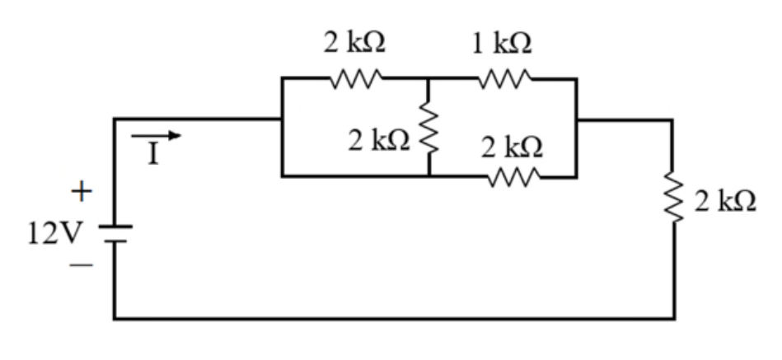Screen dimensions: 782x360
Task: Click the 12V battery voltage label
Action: click(x=54, y=233)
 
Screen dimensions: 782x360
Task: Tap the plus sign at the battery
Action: click(x=82, y=191)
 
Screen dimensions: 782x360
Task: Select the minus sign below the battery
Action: click(x=81, y=265)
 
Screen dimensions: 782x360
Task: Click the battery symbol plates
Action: click(x=115, y=234)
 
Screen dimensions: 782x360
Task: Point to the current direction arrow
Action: click(x=156, y=135)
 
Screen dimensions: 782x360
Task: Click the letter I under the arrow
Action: click(x=153, y=155)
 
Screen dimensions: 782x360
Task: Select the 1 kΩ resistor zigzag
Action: click(x=504, y=79)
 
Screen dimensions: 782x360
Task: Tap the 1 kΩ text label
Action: click(x=502, y=44)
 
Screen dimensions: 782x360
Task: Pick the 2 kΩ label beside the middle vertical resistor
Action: click(x=379, y=141)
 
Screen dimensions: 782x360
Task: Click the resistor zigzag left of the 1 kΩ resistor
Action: click(x=356, y=79)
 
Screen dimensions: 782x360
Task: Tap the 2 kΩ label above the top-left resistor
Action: click(x=354, y=42)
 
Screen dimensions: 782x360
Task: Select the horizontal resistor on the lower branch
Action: click(x=514, y=177)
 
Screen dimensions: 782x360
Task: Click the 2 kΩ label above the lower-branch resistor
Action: click(x=512, y=147)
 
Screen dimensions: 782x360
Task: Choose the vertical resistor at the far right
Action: click(x=673, y=198)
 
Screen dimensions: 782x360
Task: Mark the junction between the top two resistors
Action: click(x=428, y=79)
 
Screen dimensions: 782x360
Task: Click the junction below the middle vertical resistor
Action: click(x=428, y=176)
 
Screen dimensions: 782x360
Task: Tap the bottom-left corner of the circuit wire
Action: click(x=115, y=318)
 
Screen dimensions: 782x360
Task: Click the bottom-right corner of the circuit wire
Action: click(x=674, y=318)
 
